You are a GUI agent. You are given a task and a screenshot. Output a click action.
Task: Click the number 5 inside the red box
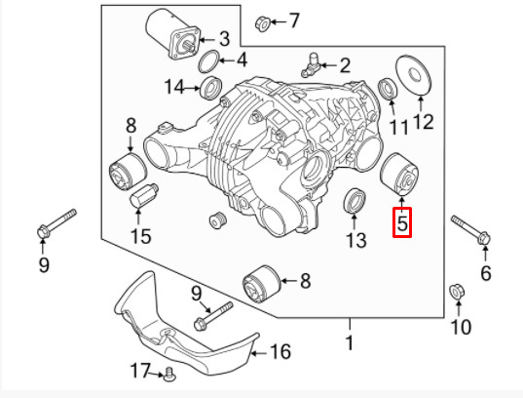coord(402,223)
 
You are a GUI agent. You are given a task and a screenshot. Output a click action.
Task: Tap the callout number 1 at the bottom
coord(349,342)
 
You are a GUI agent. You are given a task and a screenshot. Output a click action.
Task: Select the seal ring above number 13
coord(355,202)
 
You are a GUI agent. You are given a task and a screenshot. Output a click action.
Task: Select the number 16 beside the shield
coord(280,351)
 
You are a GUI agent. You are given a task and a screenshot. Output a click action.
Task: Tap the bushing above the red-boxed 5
coord(397,174)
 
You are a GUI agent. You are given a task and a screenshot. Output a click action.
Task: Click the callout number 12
coord(423,123)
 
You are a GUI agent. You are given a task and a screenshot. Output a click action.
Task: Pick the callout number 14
coord(174,88)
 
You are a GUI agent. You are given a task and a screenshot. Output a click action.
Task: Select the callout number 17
coord(142,370)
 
